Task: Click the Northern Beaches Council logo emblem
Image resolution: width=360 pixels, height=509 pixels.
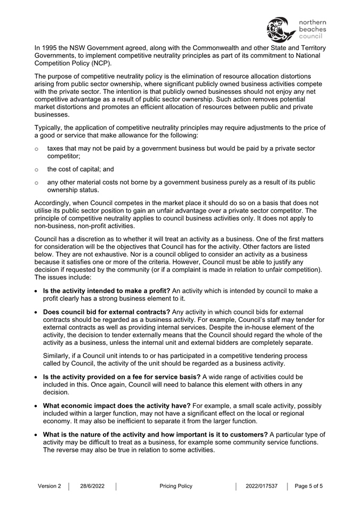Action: pyautogui.click(x=279, y=29)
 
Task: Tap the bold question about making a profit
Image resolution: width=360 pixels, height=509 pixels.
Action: pyautogui.click(x=107, y=290)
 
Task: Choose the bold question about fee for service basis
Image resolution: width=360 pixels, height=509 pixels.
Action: pyautogui.click(x=122, y=376)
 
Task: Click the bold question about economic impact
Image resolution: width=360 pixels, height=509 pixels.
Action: pyautogui.click(x=116, y=406)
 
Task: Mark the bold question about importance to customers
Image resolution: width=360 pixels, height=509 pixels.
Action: pyautogui.click(x=155, y=434)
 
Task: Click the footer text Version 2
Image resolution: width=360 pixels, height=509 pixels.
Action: pyautogui.click(x=50, y=486)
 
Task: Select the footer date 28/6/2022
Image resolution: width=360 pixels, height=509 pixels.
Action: pyautogui.click(x=92, y=486)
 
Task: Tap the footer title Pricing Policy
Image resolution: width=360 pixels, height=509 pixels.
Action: pyautogui.click(x=176, y=486)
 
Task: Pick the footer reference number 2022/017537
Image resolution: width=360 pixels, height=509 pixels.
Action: pyautogui.click(x=261, y=486)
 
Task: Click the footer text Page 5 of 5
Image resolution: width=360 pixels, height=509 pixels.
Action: pyautogui.click(x=309, y=486)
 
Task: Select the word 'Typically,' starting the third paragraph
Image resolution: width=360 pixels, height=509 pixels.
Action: pyautogui.click(x=50, y=127)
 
